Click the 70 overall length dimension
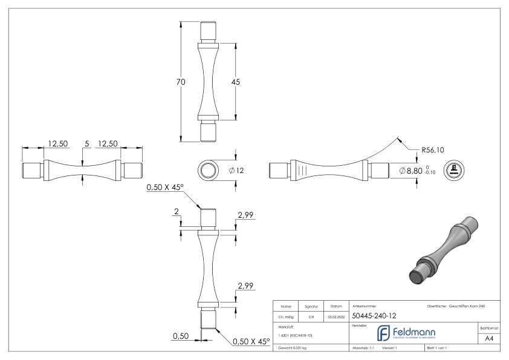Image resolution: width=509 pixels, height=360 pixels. tap(181, 82)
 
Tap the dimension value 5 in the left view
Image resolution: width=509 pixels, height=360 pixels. tap(86, 144)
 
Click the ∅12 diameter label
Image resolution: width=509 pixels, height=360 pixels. tap(236, 171)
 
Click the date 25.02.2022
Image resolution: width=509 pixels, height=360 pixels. tap(336, 315)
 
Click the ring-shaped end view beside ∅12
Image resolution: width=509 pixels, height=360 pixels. tap(210, 171)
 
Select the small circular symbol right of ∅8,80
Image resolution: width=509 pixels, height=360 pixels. tap(454, 171)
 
